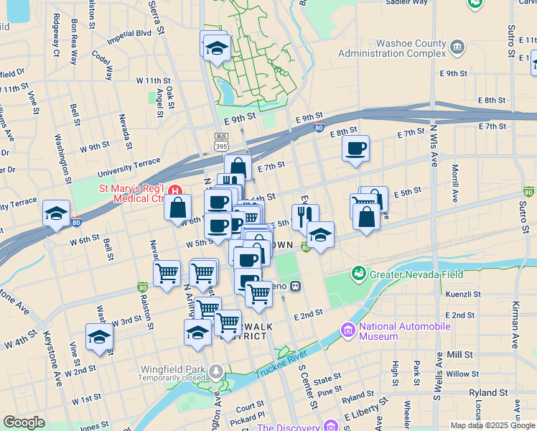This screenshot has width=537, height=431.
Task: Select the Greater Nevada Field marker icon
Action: [x=358, y=274]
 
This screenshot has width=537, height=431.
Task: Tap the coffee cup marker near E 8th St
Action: [x=355, y=149]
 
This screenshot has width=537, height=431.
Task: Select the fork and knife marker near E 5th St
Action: [x=305, y=215]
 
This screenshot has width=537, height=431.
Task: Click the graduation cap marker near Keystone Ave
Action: [x=99, y=337]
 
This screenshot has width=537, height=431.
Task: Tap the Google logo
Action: [x=24, y=422]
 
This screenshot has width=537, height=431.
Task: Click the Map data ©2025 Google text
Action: [x=492, y=425]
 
